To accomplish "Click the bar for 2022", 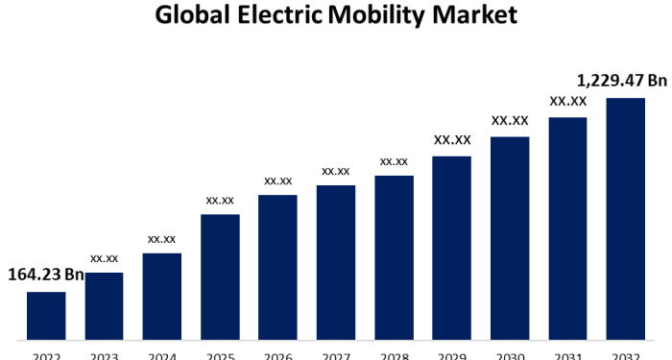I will tap(46, 316).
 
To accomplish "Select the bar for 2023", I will tap(104, 306).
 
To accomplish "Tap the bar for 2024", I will tap(162, 297).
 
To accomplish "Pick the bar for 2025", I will tap(220, 277).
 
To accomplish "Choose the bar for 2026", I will tap(277, 268).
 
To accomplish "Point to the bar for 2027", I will tap(336, 263).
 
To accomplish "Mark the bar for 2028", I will tap(394, 258).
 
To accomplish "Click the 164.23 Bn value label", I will tap(46, 276).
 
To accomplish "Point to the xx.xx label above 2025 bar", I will tap(220, 200).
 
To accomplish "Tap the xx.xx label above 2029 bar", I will tap(452, 140).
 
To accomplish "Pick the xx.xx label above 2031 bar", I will tap(567, 101).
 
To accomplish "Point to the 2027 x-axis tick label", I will tap(336, 355).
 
